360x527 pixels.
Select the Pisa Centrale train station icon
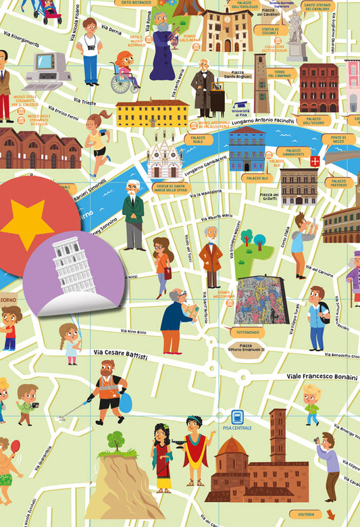pyautogui.click(x=238, y=417)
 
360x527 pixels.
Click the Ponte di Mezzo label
pyautogui.click(x=338, y=140)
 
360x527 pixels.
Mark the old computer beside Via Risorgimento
pyautogui.click(x=47, y=70)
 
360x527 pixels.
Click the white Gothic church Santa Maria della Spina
pyautogui.click(x=165, y=158)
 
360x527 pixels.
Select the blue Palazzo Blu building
pyautogui.click(x=247, y=149)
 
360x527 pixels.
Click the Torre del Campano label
pyautogui.click(x=278, y=74)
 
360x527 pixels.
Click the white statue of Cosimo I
pyautogui.click(x=296, y=32)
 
